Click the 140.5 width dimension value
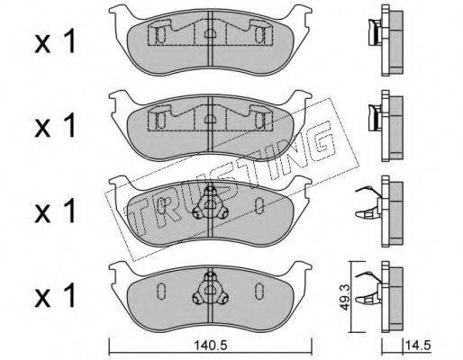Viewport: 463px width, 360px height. [210, 346]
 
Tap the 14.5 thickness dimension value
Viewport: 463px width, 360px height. [418, 345]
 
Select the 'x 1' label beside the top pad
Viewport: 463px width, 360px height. [55, 43]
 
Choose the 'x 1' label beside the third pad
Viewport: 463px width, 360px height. [55, 211]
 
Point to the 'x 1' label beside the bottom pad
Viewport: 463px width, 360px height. [55, 296]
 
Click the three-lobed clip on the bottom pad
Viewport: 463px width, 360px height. [210, 291]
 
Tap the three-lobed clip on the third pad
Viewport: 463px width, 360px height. [210, 204]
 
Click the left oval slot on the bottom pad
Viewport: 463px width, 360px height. [160, 291]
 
